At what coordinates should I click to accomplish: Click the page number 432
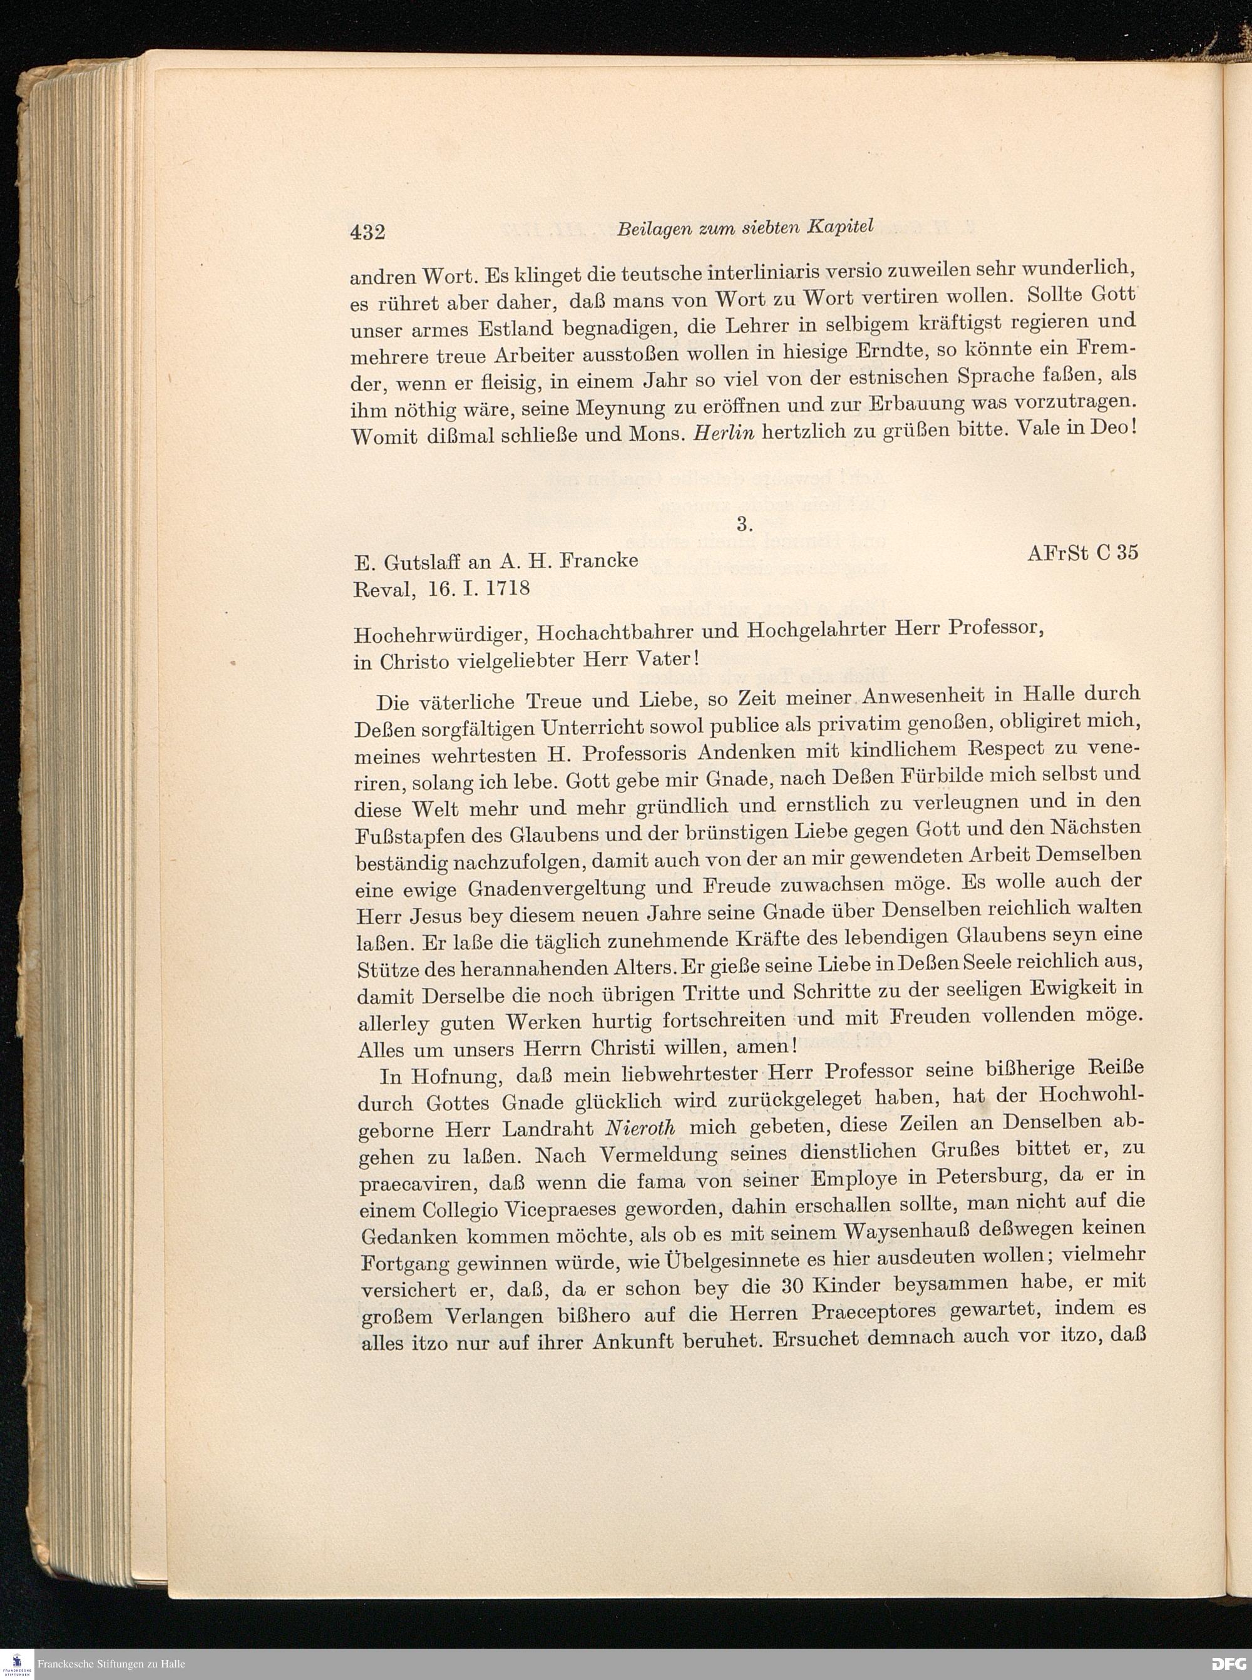pyautogui.click(x=367, y=231)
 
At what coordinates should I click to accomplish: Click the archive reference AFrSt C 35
pyautogui.click(x=1082, y=553)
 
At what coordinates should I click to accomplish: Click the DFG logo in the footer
pyautogui.click(x=1228, y=1663)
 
